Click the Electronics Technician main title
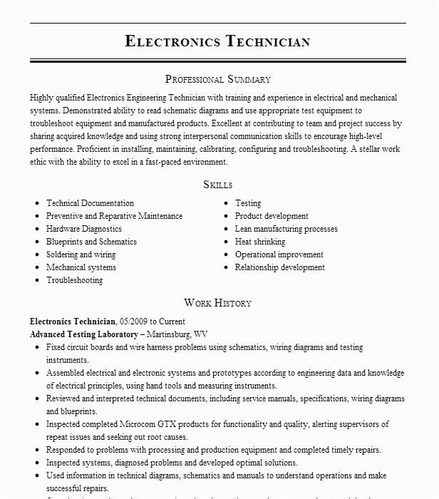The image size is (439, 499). [218, 41]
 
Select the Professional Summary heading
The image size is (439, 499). [218, 79]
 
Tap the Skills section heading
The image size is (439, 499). [218, 185]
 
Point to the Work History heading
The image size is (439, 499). [218, 303]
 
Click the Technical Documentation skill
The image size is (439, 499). [90, 203]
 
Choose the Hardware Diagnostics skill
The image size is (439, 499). [84, 229]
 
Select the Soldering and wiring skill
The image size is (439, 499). [81, 254]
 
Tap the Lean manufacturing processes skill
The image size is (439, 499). [286, 229]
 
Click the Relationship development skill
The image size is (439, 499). [280, 267]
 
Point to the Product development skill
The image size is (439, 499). [272, 216]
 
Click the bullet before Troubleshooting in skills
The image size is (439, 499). [36, 281]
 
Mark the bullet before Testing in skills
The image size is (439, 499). [225, 204]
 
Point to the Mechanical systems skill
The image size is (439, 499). [81, 267]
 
